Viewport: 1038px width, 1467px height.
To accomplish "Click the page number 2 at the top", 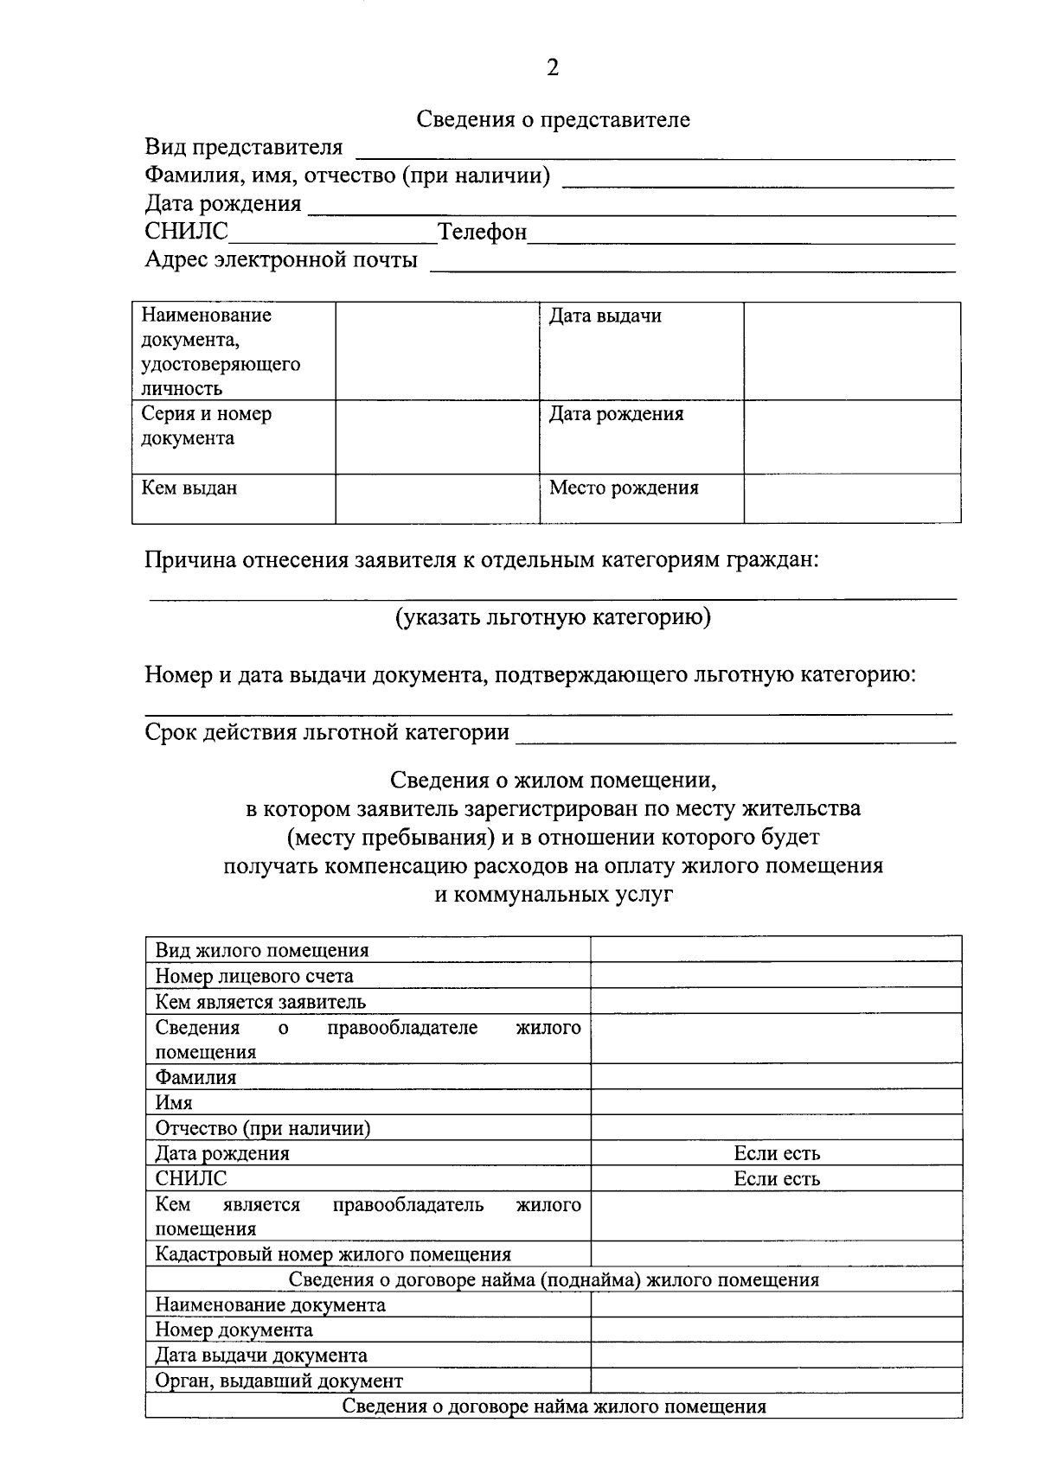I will pyautogui.click(x=553, y=67).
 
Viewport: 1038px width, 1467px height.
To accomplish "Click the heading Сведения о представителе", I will pyautogui.click(x=553, y=119).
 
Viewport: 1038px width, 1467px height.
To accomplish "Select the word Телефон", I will pyautogui.click(x=482, y=232).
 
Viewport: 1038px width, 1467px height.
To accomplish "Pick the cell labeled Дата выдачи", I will pyautogui.click(x=605, y=316).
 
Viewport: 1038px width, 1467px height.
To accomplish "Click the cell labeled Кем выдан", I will pyautogui.click(x=189, y=488).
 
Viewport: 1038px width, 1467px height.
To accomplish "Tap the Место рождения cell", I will pyautogui.click(x=624, y=488).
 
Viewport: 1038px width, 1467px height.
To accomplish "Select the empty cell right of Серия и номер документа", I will pyautogui.click(x=437, y=436).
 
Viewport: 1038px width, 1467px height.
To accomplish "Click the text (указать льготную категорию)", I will pyautogui.click(x=553, y=617).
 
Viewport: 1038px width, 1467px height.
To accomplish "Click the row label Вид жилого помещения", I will pyautogui.click(x=262, y=950).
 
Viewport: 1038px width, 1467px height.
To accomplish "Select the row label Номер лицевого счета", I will pyautogui.click(x=254, y=976).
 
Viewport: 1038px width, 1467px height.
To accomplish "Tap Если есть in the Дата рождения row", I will pyautogui.click(x=776, y=1153).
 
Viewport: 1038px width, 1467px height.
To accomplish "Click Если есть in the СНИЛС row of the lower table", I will pyautogui.click(x=776, y=1178).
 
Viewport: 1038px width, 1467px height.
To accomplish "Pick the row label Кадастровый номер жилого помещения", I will pyautogui.click(x=333, y=1254).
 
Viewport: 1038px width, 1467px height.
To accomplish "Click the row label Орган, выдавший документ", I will pyautogui.click(x=279, y=1381).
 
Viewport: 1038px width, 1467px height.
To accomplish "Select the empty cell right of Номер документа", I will pyautogui.click(x=776, y=1330).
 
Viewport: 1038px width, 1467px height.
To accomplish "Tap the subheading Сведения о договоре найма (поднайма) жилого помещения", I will pyautogui.click(x=554, y=1279).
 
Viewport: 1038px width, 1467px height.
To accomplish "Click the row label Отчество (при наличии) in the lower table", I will pyautogui.click(x=263, y=1128).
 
